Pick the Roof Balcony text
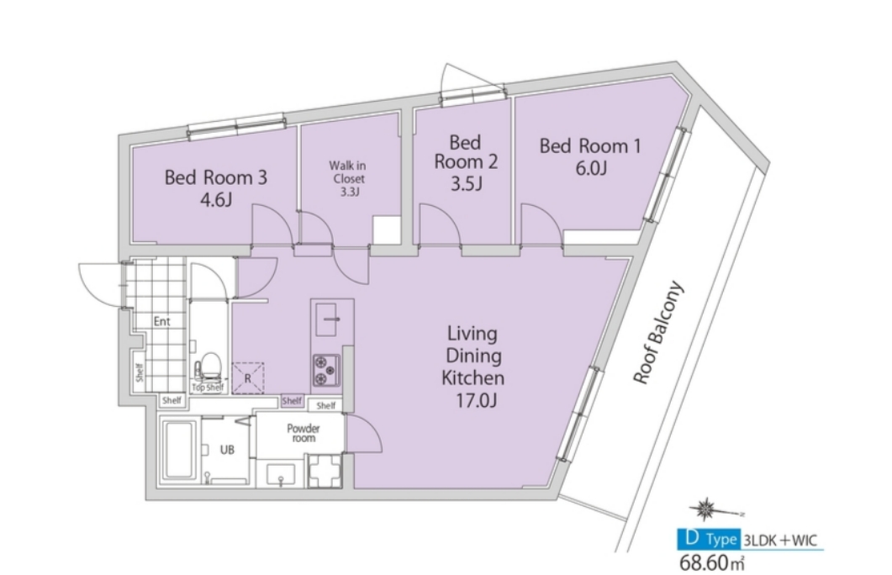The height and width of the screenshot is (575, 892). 658,333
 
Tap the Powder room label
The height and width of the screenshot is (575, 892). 303,433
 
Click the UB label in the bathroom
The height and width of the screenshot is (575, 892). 227,450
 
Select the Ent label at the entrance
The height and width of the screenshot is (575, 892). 162,321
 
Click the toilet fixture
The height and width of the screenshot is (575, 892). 210,367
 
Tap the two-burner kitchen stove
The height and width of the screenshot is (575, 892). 326,370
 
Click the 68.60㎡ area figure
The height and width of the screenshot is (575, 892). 712,562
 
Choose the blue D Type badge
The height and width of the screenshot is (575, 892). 709,539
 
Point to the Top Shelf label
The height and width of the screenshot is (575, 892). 208,388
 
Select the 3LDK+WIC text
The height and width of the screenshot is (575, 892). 780,541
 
